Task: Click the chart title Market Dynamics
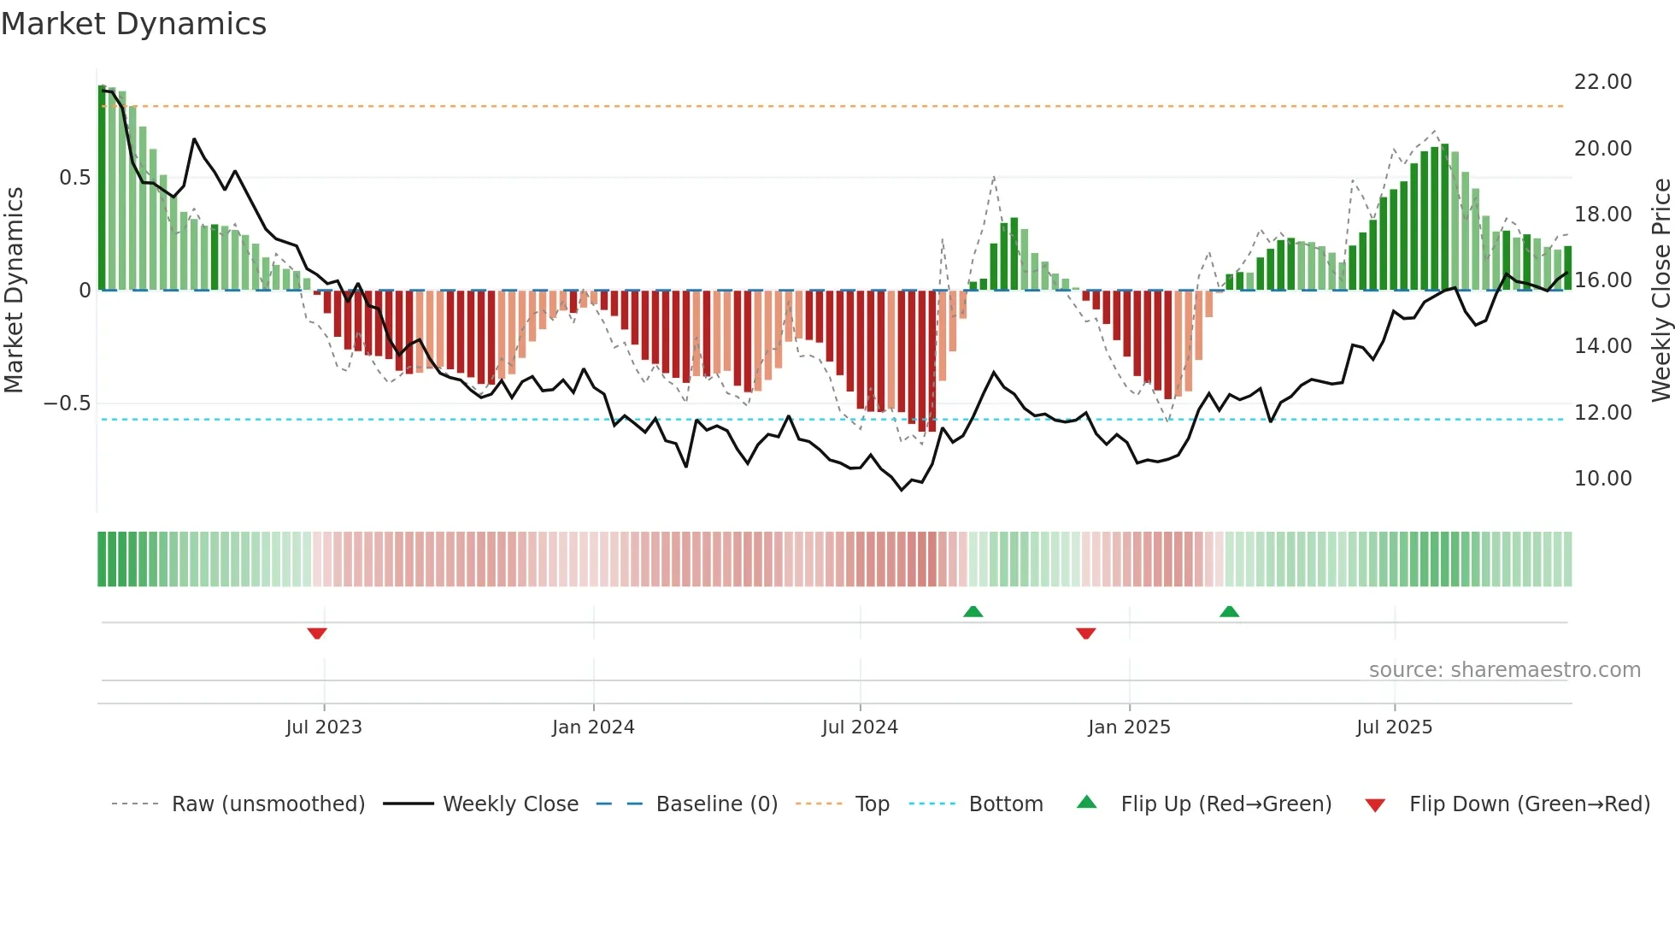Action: [x=134, y=24]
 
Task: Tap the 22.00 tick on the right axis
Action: [x=1602, y=82]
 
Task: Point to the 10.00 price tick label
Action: [x=1602, y=479]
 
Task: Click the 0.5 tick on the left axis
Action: [x=74, y=178]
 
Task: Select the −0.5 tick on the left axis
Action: [x=68, y=403]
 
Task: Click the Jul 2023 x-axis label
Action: [x=324, y=727]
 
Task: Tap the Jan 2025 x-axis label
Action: [x=1129, y=727]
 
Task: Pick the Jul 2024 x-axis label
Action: [x=860, y=727]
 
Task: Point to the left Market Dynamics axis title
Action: [x=14, y=291]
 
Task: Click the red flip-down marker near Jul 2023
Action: [x=317, y=633]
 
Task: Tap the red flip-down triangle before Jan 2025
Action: [x=1086, y=633]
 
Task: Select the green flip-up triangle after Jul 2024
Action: [x=973, y=611]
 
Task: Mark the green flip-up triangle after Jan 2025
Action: [x=1229, y=611]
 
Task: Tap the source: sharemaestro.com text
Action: [x=1504, y=670]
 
